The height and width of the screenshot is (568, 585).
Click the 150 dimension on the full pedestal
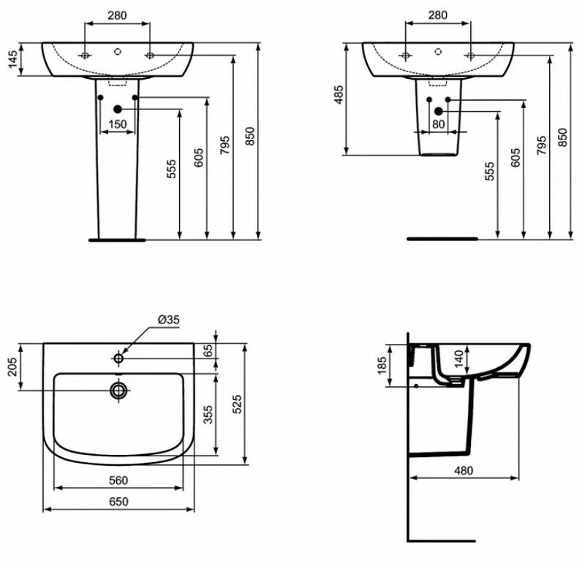[118, 125]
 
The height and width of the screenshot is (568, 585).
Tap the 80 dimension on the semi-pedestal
[439, 124]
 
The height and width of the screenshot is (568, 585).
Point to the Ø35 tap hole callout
[168, 319]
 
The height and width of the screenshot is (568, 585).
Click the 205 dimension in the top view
[12, 367]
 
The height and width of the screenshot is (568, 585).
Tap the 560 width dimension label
[118, 480]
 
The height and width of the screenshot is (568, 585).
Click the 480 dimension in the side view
[464, 470]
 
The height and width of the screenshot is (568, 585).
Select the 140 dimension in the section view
[458, 358]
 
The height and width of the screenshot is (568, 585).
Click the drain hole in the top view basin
[118, 391]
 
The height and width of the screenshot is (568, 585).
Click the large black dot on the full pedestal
[117, 110]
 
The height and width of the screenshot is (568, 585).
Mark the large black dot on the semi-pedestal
[439, 111]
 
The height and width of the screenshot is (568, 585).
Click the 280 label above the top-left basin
[118, 14]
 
